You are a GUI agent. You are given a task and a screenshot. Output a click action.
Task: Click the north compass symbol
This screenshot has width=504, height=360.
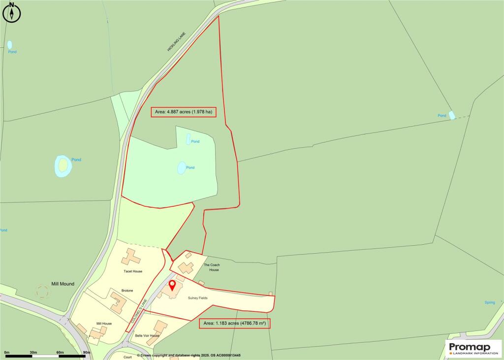coord(12,13)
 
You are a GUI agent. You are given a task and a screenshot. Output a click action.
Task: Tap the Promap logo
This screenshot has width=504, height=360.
coord(473,349)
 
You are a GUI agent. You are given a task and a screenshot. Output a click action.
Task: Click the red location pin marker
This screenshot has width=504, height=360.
coord(172,286)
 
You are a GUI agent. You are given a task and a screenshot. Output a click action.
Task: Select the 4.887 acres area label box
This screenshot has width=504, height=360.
coord(184,112)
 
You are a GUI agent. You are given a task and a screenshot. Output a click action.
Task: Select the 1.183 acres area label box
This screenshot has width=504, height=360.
coord(235,324)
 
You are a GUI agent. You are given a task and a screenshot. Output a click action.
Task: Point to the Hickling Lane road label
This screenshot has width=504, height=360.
coord(175,42)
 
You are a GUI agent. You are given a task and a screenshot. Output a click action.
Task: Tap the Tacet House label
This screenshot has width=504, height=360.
coord(133,271)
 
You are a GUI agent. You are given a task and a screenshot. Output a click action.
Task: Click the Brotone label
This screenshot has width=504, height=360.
coord(127,291)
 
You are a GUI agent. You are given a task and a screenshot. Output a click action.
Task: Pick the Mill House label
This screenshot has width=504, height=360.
coord(103,324)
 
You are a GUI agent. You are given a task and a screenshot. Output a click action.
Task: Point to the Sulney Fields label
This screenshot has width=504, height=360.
coord(197,298)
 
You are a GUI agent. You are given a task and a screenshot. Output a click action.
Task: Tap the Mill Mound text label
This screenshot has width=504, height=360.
coord(63,284)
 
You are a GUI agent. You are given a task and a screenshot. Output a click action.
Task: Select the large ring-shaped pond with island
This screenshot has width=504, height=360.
coord(63,166)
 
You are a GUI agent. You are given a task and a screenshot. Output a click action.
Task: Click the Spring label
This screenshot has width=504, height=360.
coord(489,302)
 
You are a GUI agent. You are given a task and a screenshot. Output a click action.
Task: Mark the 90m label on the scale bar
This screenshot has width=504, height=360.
coord(87,352)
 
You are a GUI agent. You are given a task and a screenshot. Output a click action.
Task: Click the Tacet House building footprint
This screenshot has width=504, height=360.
coord(131,257)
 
